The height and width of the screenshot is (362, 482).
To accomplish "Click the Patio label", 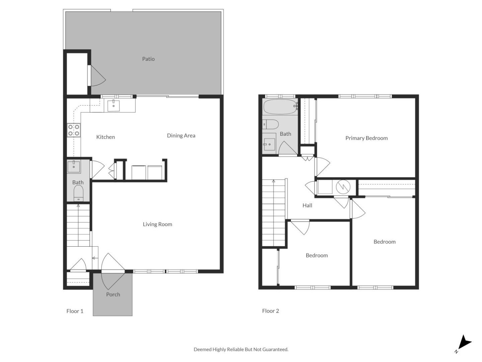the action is pyautogui.click(x=148, y=59).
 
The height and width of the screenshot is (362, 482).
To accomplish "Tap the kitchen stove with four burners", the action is pyautogui.click(x=74, y=130).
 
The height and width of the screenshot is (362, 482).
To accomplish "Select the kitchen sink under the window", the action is pyautogui.click(x=113, y=105).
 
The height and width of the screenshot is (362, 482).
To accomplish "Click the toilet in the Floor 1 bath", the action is pyautogui.click(x=78, y=193).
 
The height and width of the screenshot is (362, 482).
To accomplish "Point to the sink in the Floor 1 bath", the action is pyautogui.click(x=74, y=167).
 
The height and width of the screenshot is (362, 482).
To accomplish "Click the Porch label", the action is pyautogui.click(x=113, y=295).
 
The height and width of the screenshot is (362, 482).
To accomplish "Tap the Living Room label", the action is pyautogui.click(x=157, y=225).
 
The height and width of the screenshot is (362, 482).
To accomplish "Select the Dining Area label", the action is pyautogui.click(x=181, y=136).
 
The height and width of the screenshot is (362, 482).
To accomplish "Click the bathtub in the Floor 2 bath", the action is pyautogui.click(x=280, y=107).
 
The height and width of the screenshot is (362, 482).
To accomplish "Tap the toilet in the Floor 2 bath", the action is pyautogui.click(x=271, y=125).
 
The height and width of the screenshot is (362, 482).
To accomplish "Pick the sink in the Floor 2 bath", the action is pyautogui.click(x=269, y=144).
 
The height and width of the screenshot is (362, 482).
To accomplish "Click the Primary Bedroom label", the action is pyautogui.click(x=367, y=138).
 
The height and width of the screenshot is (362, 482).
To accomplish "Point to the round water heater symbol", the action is pyautogui.click(x=343, y=187).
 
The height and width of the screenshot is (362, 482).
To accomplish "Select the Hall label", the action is pyautogui.click(x=307, y=205).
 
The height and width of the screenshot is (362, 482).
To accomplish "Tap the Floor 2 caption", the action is pyautogui.click(x=270, y=311).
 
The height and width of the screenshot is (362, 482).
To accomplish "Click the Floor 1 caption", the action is pyautogui.click(x=75, y=311).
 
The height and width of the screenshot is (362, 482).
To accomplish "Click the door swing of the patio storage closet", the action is pyautogui.click(x=98, y=76).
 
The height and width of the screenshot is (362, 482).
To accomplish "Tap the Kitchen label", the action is pyautogui.click(x=106, y=137).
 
